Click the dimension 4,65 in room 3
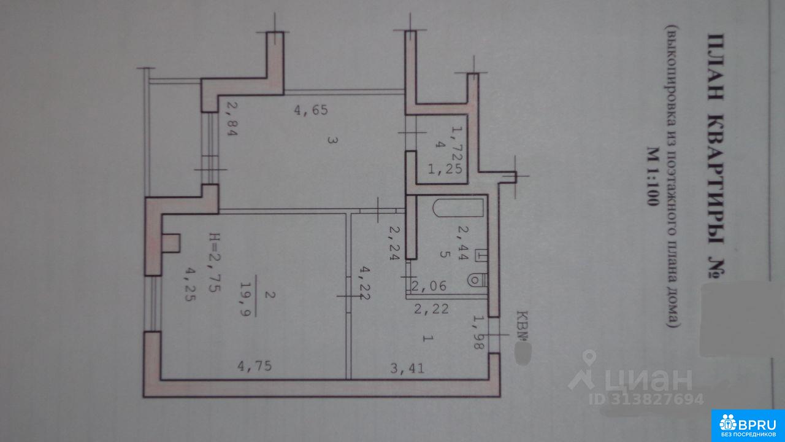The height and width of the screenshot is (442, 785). click(x=312, y=111)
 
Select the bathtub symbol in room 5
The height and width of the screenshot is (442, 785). click(x=459, y=207)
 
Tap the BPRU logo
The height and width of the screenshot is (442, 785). click(x=748, y=425)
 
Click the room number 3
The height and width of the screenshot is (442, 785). click(x=330, y=141)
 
